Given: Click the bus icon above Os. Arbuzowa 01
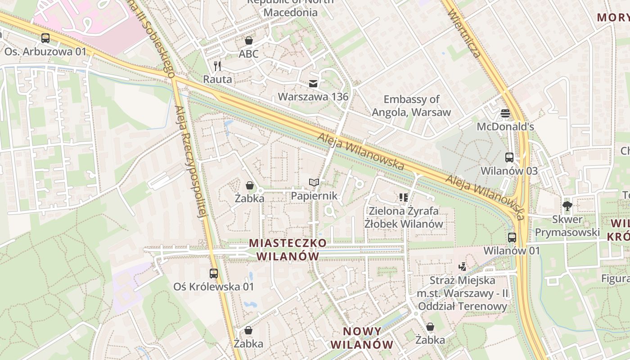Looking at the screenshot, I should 45,38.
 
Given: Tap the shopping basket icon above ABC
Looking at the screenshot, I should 248,40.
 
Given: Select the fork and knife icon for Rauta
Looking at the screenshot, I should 218,66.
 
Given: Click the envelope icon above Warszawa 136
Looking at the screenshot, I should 313,83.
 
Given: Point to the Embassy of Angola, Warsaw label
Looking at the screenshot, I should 411,106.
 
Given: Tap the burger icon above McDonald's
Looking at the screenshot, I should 505,113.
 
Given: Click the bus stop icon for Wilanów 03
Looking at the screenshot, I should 509,157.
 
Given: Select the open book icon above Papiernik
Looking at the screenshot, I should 314,182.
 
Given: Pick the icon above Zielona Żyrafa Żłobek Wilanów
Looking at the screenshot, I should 403,197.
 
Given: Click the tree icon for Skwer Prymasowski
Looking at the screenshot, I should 567,206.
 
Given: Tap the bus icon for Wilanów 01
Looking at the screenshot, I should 512,237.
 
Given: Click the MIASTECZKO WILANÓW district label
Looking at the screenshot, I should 288,249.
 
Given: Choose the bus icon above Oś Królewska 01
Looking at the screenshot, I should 214,273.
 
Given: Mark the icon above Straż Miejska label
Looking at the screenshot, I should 462,267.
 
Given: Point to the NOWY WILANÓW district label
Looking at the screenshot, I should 362,338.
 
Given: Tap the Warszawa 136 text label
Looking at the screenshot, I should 313,97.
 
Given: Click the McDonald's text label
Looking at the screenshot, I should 505,126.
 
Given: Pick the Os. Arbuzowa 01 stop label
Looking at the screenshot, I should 45,52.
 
